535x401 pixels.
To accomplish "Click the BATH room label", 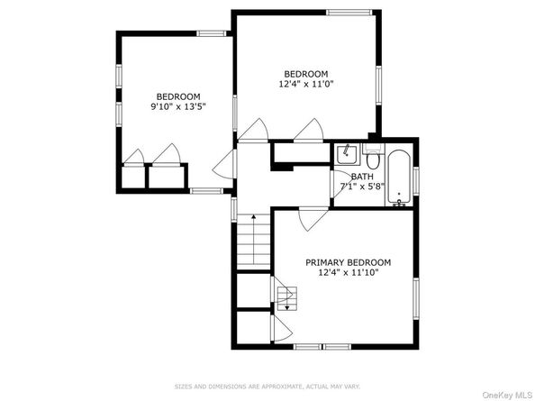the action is pyautogui.click(x=362, y=177).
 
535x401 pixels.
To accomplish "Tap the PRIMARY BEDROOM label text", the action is pyautogui.click(x=348, y=262).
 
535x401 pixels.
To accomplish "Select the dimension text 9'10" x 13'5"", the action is pyautogui.click(x=178, y=107).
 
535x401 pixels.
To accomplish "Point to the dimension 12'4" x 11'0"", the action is pyautogui.click(x=305, y=84).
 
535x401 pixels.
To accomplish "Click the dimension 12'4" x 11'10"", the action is pyautogui.click(x=348, y=272).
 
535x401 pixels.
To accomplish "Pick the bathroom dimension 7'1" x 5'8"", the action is pyautogui.click(x=363, y=187).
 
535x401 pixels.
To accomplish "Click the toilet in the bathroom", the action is pyautogui.click(x=373, y=157).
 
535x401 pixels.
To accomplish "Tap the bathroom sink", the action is pyautogui.click(x=347, y=155).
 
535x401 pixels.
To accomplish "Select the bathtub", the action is pyautogui.click(x=399, y=178).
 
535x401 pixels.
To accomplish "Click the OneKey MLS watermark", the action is pyautogui.click(x=507, y=396).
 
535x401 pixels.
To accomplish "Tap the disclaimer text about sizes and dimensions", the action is pyautogui.click(x=267, y=387).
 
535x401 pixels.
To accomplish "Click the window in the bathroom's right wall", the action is pyautogui.click(x=416, y=181).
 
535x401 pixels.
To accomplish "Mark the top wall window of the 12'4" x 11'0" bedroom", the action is pyautogui.click(x=349, y=13).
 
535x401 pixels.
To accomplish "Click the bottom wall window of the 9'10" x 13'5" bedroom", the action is pyautogui.click(x=206, y=191).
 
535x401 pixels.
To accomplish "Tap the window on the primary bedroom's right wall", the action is pyautogui.click(x=416, y=298).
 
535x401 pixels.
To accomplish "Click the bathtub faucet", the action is pyautogui.click(x=399, y=202).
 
